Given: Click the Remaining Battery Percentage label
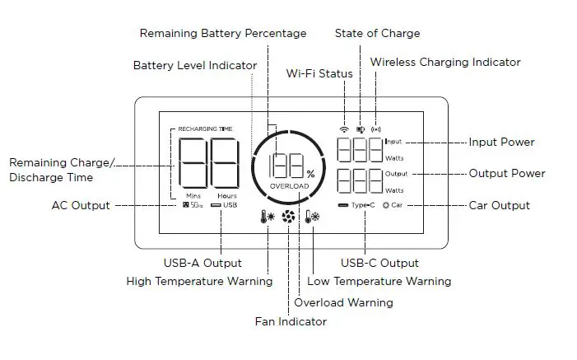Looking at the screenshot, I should coord(223,34).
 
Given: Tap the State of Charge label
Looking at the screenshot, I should coord(377,34).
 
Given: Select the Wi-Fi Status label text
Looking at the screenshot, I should coord(319,73).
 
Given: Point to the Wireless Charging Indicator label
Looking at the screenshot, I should coord(445,62).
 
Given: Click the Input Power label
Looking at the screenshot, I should coord(501,142).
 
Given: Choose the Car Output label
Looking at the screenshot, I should coord(499,205).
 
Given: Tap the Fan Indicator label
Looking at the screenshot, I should coord(290,321).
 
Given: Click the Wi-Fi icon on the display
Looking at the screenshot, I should coord(343,129).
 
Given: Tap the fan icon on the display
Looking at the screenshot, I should coord(289,218).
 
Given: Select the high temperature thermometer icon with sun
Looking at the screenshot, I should coord(267,219).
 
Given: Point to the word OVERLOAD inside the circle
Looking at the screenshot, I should coord(289,187).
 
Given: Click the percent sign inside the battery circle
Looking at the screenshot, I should coord(310,174).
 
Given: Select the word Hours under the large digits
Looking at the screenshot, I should coord(227,195).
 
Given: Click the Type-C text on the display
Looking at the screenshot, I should coord(363,204).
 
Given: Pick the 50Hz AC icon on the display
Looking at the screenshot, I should coord(193,204).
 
